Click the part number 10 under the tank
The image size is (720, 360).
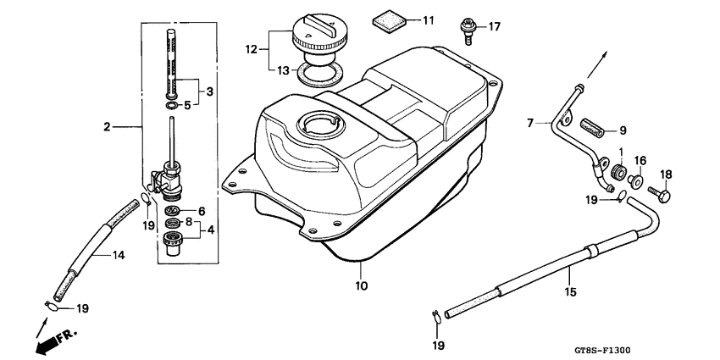tap(362, 286)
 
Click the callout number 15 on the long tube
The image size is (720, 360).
tap(571, 292)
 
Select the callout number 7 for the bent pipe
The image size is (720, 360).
tap(531, 123)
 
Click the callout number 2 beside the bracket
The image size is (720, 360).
tap(108, 127)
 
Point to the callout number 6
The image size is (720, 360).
tap(202, 211)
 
